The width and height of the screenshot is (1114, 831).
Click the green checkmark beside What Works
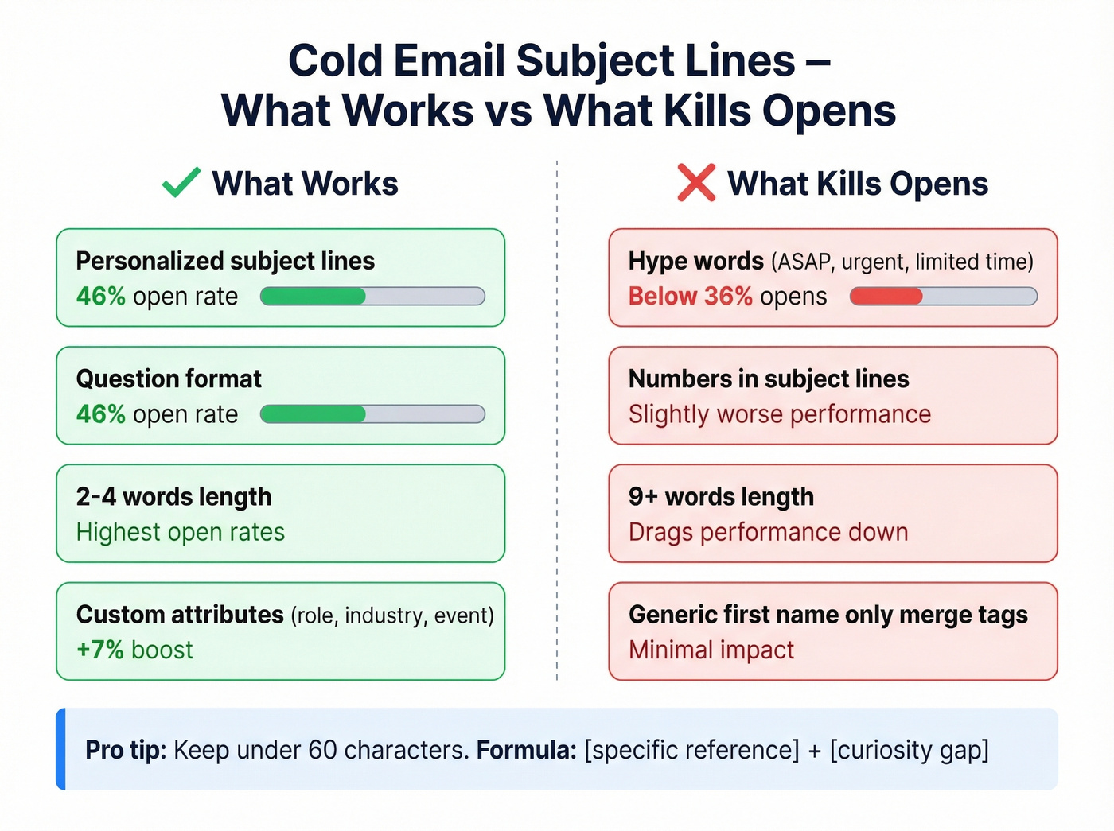click(x=181, y=182)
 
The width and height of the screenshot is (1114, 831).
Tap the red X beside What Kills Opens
click(x=696, y=182)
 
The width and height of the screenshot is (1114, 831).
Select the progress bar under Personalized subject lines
click(x=372, y=297)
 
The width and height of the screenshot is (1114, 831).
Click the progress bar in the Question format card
click(x=372, y=414)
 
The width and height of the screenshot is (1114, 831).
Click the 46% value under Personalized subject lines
click(x=101, y=297)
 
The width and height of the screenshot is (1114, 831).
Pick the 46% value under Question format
click(x=101, y=414)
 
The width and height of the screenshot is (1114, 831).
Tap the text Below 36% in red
click(x=690, y=297)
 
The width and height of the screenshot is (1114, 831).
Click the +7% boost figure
click(x=134, y=650)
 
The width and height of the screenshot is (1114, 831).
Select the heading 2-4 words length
click(x=173, y=497)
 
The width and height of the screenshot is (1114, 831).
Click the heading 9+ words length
click(x=721, y=497)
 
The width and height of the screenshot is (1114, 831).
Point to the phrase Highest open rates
click(x=181, y=532)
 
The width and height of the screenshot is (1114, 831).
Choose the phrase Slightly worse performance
click(x=779, y=414)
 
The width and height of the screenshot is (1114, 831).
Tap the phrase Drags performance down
click(x=768, y=532)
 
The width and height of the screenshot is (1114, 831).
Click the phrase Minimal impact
click(x=711, y=650)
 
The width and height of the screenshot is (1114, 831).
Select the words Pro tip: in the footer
click(x=126, y=750)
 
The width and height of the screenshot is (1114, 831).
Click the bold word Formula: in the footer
click(x=526, y=750)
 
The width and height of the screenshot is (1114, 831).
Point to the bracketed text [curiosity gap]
click(x=909, y=750)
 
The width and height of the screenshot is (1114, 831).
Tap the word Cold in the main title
click(x=335, y=60)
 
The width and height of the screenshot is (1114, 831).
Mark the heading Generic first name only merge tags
click(x=828, y=615)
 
